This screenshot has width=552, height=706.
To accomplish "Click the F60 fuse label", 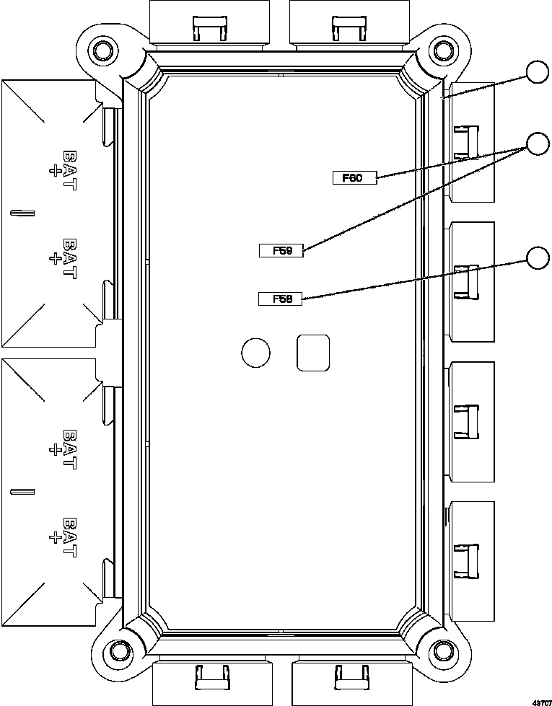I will [354, 178].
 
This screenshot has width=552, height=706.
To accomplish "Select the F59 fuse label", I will [281, 250].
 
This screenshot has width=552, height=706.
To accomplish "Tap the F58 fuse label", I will [281, 299].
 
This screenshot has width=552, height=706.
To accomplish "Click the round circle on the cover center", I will [255, 352].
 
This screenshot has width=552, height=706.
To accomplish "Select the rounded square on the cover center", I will [313, 353].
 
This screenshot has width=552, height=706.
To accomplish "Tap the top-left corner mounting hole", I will [102, 50].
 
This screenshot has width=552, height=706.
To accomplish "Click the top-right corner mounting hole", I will [441, 50].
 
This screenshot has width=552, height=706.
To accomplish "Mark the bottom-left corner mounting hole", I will [116, 653].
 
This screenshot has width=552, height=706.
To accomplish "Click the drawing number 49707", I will [541, 700].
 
